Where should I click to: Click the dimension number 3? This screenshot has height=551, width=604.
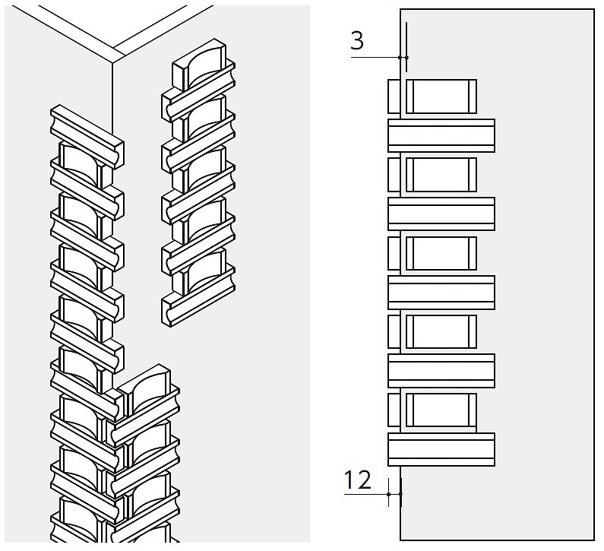[x=356, y=40]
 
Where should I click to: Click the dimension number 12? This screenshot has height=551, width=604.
[x=357, y=480]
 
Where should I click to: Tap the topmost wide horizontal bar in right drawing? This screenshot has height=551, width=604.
[x=441, y=135]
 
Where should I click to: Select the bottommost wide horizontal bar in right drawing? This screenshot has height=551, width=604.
[x=441, y=449]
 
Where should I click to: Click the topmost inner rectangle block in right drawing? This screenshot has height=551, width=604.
[x=441, y=96]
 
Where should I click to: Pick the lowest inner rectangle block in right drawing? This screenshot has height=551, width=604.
[x=441, y=410]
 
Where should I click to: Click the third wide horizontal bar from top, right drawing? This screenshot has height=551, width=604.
[x=441, y=293]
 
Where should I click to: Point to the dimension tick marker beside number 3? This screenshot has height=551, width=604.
[x=403, y=57]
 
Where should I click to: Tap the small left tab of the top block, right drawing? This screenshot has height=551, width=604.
[x=394, y=96]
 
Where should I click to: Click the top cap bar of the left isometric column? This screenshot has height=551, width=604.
[x=86, y=128]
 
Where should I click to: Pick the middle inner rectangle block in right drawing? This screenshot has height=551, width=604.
[x=441, y=253]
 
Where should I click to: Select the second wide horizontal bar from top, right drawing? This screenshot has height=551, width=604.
[x=441, y=214]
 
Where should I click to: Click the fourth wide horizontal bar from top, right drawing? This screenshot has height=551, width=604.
[x=441, y=371]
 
